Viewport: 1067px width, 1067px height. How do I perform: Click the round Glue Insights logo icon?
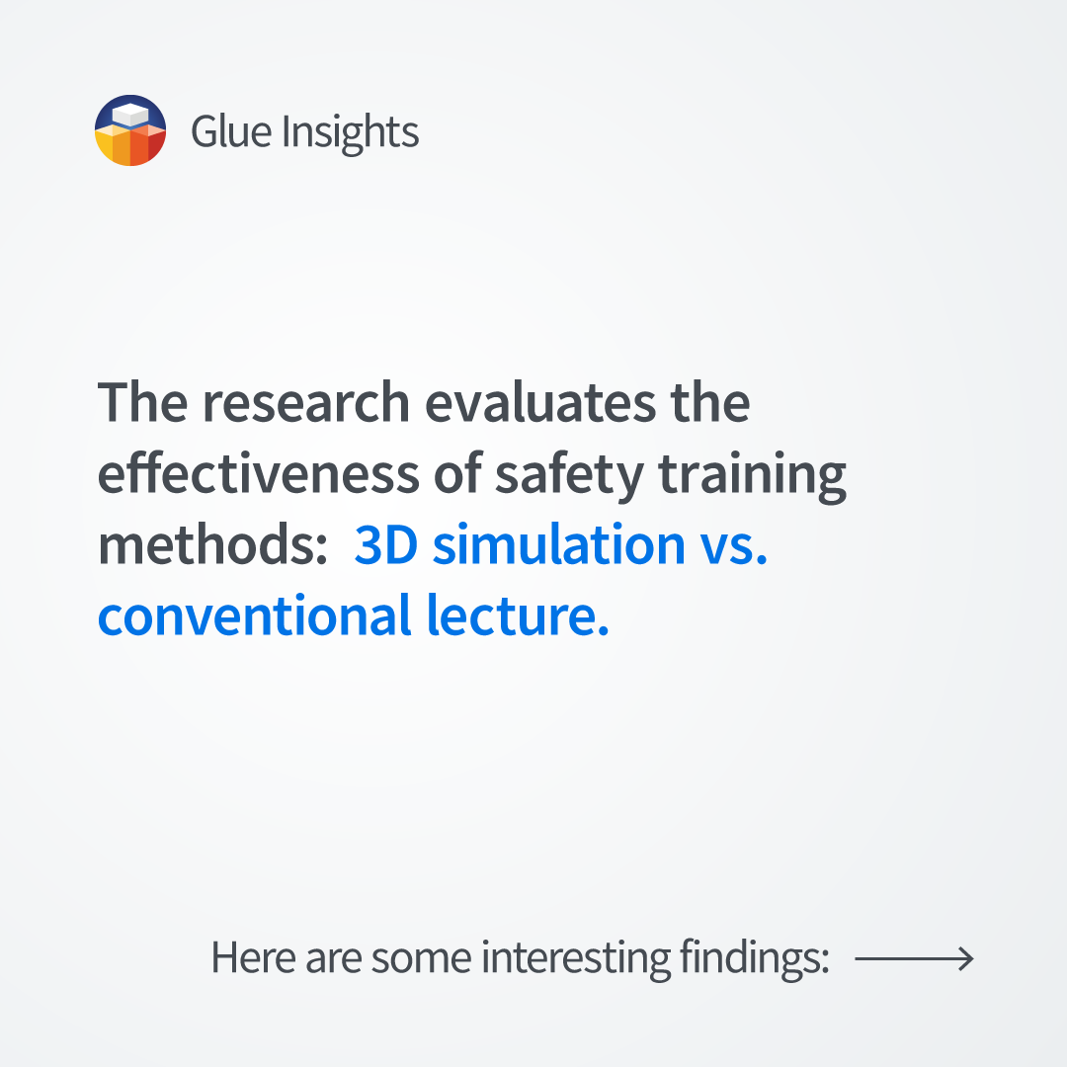tap(130, 130)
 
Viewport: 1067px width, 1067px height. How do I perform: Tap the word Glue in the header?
tap(231, 130)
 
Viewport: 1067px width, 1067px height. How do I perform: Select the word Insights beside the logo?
tap(351, 132)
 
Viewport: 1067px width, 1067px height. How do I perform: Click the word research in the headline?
tap(306, 402)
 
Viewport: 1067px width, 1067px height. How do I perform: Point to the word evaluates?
tap(540, 402)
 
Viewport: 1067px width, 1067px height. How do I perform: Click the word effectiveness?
tap(259, 472)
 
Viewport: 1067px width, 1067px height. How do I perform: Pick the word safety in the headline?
tap(569, 476)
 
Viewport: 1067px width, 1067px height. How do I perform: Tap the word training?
tap(753, 476)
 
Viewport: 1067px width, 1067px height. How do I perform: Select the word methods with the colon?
tap(213, 543)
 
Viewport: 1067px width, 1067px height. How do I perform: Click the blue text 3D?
tap(386, 544)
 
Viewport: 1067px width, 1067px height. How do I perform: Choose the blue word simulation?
tap(558, 543)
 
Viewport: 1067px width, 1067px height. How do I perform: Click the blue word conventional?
tap(255, 616)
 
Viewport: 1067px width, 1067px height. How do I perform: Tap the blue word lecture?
tap(518, 616)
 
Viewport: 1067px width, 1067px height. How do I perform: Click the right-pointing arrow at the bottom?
tap(914, 958)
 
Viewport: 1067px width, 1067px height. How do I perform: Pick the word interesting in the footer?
tap(576, 958)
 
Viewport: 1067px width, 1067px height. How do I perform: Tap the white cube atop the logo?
tap(130, 115)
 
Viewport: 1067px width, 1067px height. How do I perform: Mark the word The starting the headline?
tap(142, 402)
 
